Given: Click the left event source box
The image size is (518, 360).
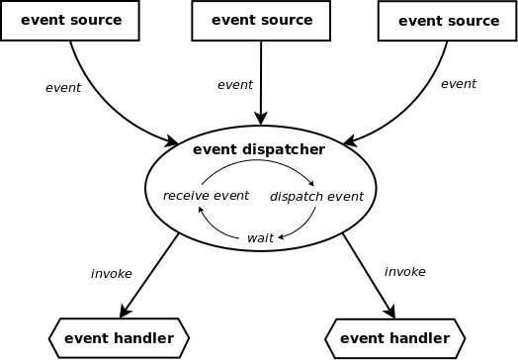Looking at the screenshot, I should (x=70, y=21).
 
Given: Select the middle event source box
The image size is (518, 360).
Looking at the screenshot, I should (x=262, y=21).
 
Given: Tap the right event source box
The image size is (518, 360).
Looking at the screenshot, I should (x=448, y=21).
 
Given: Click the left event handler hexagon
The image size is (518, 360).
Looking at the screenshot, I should (x=119, y=338).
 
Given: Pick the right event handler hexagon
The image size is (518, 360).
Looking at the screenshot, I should (x=394, y=338).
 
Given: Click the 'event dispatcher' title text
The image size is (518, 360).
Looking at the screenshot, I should (x=258, y=150).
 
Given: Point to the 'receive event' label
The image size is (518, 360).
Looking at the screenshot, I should (x=206, y=196).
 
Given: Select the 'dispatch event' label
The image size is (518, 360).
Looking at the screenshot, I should (x=316, y=197).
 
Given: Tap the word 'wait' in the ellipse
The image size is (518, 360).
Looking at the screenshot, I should (x=260, y=238).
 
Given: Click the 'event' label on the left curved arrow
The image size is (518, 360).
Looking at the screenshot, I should (x=63, y=88).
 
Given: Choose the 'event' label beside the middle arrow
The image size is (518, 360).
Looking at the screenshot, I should (x=235, y=85).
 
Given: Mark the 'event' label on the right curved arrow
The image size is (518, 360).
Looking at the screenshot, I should (x=458, y=84).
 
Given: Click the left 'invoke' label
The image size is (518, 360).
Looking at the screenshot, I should (x=111, y=274).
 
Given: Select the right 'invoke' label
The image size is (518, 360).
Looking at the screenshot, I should (x=404, y=271).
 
